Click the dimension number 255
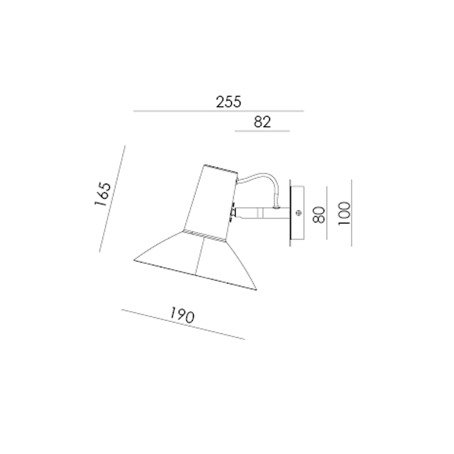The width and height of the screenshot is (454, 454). (229, 102)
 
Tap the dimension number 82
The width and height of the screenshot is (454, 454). (262, 122)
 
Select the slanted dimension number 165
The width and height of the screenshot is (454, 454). (103, 194)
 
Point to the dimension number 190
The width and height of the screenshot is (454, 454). (182, 315)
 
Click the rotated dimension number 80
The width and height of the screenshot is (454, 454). (319, 215)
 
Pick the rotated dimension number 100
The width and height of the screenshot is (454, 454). (344, 213)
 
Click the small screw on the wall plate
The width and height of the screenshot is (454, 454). (299, 213)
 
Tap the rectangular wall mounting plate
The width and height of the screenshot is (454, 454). (297, 213)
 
